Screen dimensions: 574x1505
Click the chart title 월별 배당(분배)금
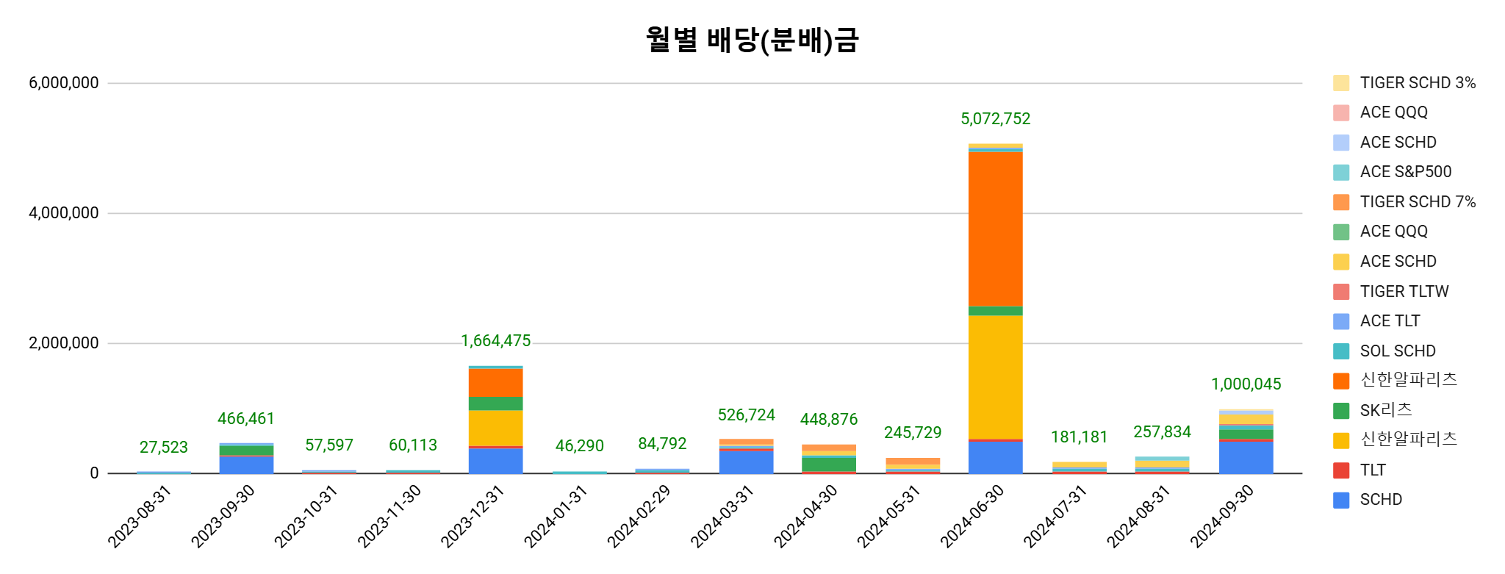point(752,40)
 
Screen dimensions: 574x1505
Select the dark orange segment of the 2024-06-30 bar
point(995,228)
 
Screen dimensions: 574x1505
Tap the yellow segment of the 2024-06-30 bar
point(995,376)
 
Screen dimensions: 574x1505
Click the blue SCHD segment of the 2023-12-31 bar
point(495,460)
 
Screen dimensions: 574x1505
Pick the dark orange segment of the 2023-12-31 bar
point(495,382)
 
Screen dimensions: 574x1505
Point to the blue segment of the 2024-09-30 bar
point(1246,457)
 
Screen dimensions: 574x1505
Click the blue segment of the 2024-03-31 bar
point(746,462)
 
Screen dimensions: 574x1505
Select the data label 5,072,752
point(995,119)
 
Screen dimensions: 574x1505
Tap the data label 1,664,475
point(495,341)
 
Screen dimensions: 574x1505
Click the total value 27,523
point(163,448)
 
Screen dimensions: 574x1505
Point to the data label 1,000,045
point(1246,384)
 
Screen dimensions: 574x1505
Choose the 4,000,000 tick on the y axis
point(64,213)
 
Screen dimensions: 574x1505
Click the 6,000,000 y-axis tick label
point(64,83)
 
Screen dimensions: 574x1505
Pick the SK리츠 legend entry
point(1385,410)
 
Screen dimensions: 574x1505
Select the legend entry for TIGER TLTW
point(1404,292)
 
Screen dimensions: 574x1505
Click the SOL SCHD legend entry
point(1397,351)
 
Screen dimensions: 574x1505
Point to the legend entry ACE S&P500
point(1405,172)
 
